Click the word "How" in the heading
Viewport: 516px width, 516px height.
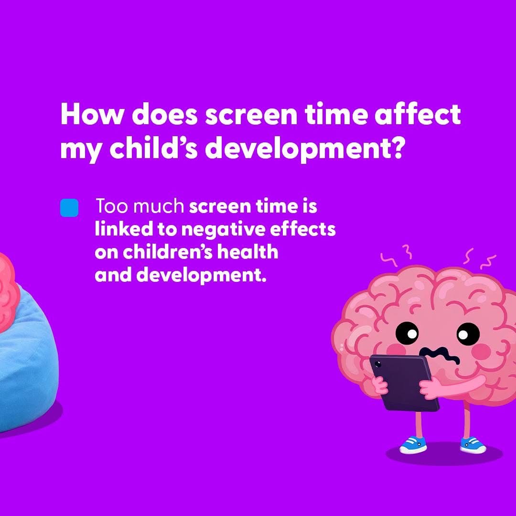tap(93, 114)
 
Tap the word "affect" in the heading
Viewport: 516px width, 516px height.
tap(418, 114)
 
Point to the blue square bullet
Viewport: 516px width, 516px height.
tap(69, 208)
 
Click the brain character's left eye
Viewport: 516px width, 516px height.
tap(407, 333)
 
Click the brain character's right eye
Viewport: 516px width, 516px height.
tap(468, 334)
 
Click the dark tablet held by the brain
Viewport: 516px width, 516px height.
tap(404, 382)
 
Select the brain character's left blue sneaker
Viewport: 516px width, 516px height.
tap(413, 445)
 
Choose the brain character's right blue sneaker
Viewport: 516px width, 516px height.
tap(473, 445)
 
